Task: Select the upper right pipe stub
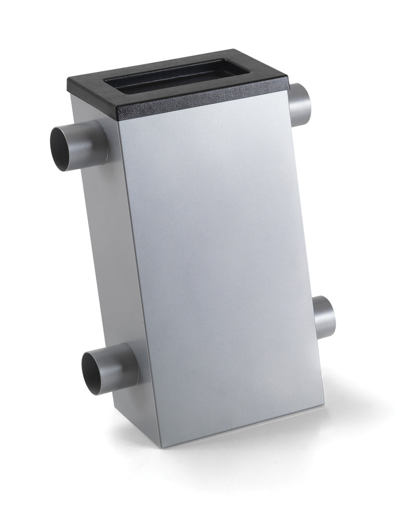301,105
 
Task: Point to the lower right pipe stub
324,318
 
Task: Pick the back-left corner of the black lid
68,81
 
